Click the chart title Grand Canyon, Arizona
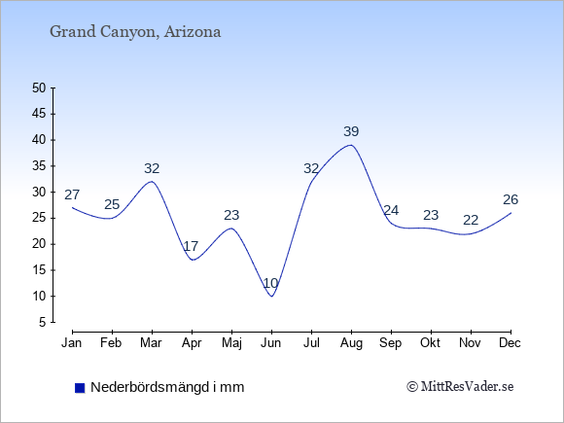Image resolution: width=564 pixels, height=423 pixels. pos(135,32)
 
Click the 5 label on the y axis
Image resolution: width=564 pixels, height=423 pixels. pos(43,322)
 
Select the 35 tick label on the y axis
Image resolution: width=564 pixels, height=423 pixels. pos(39,166)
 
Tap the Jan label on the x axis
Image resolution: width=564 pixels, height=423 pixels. pos(72,343)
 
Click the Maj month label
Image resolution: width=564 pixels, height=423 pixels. pos(231,343)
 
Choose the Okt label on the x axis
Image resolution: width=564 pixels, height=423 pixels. pos(430,343)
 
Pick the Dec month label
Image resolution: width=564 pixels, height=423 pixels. pos(511,343)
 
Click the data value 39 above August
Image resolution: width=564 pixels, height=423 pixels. pos(351,131)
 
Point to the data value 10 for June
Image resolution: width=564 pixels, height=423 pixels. pos(271,283)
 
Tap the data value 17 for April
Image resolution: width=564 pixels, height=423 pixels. pos(191,247)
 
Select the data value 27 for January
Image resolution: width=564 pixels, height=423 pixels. pos(72,194)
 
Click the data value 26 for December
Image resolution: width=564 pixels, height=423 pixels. pos(511,199)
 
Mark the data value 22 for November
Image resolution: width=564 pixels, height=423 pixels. pos(471,220)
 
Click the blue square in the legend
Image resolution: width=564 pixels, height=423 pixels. pos(80,388)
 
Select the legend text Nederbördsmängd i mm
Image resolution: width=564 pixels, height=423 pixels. pos(167,387)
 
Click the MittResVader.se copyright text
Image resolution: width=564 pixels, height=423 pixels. pos(460,387)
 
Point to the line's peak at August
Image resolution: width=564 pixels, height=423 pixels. pos(351,145)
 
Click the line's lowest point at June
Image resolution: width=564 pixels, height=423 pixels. pos(271,297)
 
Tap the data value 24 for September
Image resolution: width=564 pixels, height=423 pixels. pos(391,210)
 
